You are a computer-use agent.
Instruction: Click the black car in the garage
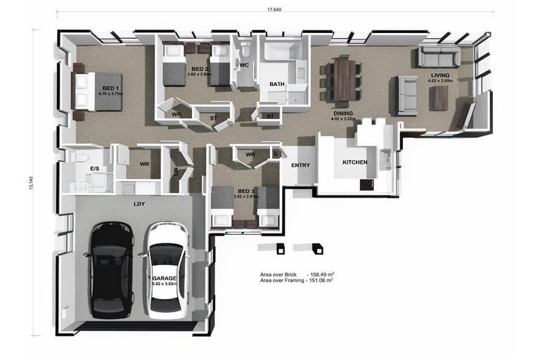(x=112, y=269)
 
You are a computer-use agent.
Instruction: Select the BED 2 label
(x=200, y=68)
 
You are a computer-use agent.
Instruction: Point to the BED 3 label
(x=245, y=191)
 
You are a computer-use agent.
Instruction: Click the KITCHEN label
(x=355, y=162)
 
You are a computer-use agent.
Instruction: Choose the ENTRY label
(x=300, y=165)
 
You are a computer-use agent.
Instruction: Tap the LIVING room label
(x=441, y=75)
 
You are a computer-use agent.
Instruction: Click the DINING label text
(x=343, y=112)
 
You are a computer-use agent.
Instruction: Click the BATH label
(x=277, y=84)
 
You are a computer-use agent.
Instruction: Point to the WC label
(x=244, y=65)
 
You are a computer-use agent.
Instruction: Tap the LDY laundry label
(x=139, y=204)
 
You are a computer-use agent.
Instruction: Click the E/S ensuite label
(x=95, y=169)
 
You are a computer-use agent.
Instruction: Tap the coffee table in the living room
(x=439, y=97)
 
